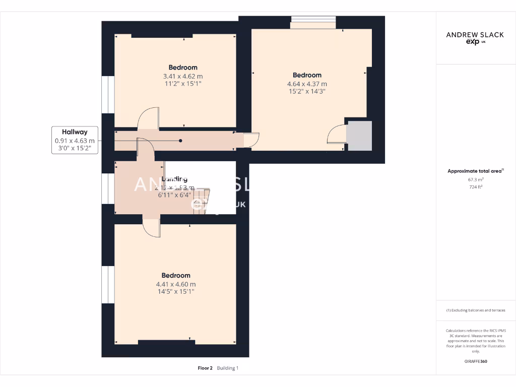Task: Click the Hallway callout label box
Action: pos(75,140)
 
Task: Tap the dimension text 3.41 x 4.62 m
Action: pos(183,77)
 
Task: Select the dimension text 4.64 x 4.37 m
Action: pos(307,84)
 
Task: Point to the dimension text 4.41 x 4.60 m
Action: pos(176,284)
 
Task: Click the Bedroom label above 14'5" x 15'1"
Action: pos(176,276)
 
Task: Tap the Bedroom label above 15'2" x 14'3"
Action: pos(307,75)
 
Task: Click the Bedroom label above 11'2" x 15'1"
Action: pos(183,68)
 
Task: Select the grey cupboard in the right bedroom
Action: pos(359,135)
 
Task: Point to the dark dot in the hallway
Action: pos(180,141)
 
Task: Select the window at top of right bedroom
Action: pos(313,22)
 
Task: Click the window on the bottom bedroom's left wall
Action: pos(107,285)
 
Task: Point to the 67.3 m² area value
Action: pos(475,179)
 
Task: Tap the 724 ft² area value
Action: pos(475,186)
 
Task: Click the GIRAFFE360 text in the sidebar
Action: pos(476,361)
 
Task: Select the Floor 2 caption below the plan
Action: pos(205,368)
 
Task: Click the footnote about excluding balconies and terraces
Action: pos(476,310)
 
